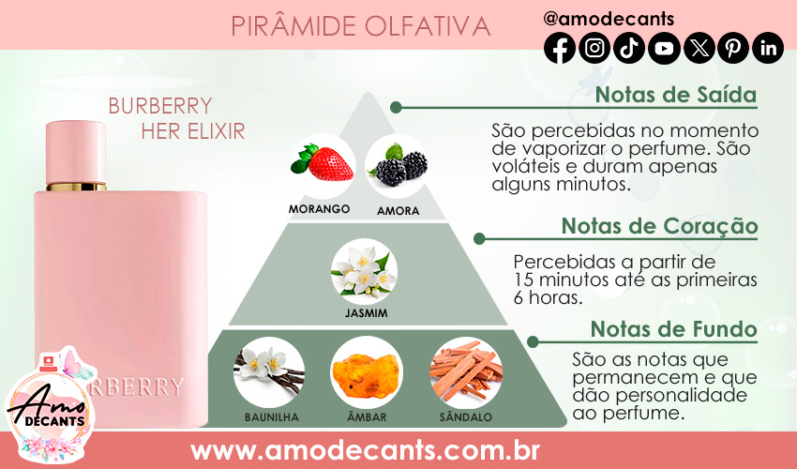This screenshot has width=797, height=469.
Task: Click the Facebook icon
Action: point(560,48)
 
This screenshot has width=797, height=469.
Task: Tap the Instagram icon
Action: point(594,48)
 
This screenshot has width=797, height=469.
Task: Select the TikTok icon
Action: point(629,48)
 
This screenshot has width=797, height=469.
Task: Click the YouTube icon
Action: point(664,48)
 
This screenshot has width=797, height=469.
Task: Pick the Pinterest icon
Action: point(733,48)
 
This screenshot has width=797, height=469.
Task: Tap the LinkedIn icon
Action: point(768,48)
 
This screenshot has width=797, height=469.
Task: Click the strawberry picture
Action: point(323,164)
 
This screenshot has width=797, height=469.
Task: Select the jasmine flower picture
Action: point(364,272)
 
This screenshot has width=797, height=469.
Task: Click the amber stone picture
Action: point(366,373)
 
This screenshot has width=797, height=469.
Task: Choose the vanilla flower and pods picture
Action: point(269,373)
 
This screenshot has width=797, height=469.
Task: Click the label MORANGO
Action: point(319,209)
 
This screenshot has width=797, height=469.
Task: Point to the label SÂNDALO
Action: point(466,417)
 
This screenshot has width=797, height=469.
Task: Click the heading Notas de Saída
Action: point(676,95)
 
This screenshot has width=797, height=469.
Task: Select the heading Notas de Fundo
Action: point(674,329)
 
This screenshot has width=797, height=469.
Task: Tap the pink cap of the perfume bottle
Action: point(76,152)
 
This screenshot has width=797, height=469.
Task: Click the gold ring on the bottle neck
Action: point(76,187)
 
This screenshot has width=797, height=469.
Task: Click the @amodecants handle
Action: point(609,19)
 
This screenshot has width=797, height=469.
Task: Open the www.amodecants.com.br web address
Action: point(365,450)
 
